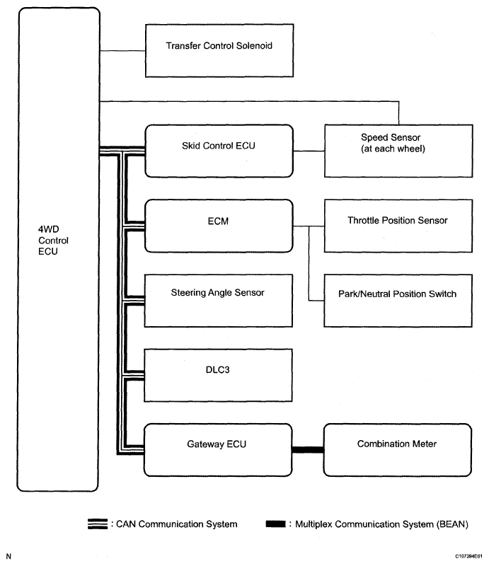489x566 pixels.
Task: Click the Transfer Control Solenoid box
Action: pyautogui.click(x=219, y=50)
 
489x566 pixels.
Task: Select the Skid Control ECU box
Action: pyautogui.click(x=219, y=150)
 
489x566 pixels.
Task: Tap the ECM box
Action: pyautogui.click(x=219, y=225)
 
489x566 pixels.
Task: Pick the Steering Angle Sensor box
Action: pyautogui.click(x=219, y=298)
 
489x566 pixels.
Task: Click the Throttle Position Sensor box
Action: pyautogui.click(x=396, y=226)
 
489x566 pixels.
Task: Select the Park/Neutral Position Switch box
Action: pyautogui.click(x=396, y=298)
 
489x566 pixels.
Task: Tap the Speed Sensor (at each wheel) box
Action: pyautogui.click(x=396, y=150)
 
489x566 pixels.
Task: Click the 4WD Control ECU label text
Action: pyautogui.click(x=49, y=241)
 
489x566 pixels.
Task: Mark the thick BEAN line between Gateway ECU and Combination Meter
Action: pyautogui.click(x=308, y=449)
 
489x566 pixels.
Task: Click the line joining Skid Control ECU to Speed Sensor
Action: pyautogui.click(x=308, y=150)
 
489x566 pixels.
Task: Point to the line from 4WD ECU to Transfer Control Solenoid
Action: pyautogui.click(x=121, y=50)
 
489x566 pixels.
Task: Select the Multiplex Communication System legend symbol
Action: pyautogui.click(x=275, y=524)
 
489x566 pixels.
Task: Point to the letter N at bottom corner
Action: pyautogui.click(x=8, y=557)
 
